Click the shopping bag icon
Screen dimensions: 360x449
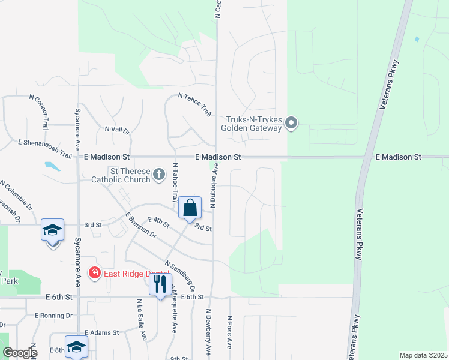190,208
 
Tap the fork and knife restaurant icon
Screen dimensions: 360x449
159,284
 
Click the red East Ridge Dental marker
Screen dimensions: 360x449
94,274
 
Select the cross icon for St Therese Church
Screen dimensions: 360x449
159,175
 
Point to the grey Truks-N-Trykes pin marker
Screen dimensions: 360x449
292,124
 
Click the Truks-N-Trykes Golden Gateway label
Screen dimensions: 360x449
253,124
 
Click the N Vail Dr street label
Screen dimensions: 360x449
117,129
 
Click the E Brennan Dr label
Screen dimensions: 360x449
141,225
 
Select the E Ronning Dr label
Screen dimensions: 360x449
53,315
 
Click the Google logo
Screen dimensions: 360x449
20,353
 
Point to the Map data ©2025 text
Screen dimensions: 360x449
423,355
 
